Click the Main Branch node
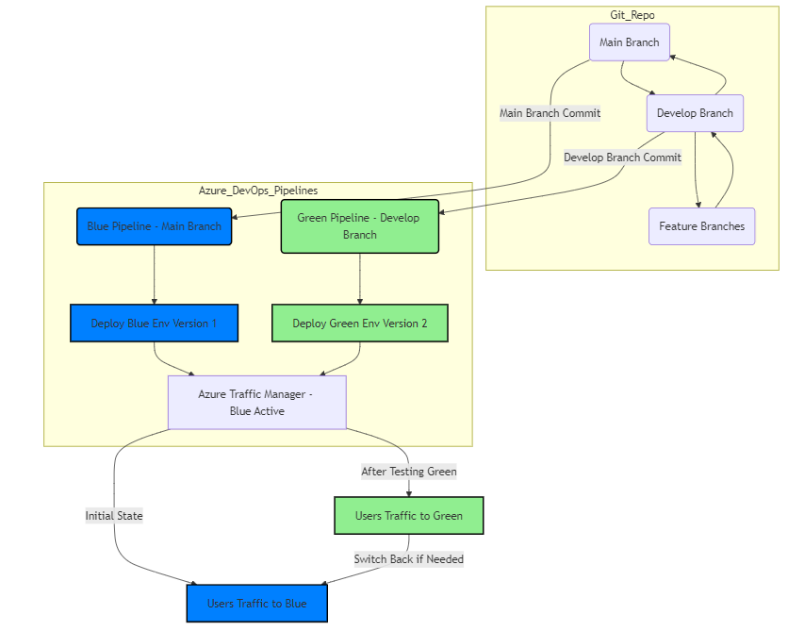click(629, 42)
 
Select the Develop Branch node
click(695, 113)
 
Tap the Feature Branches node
click(701, 226)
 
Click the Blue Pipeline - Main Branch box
click(154, 226)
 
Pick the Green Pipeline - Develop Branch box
click(359, 226)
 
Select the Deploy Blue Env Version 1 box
click(154, 324)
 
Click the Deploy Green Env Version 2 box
click(359, 324)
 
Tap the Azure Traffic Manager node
click(256, 403)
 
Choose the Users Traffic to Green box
click(408, 516)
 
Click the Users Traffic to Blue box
click(256, 604)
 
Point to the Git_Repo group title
click(632, 15)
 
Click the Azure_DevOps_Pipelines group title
click(257, 191)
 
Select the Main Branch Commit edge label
click(550, 113)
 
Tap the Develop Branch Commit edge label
click(622, 158)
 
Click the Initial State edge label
click(114, 516)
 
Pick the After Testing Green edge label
click(408, 471)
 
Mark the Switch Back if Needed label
click(408, 559)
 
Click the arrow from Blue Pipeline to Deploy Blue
click(154, 274)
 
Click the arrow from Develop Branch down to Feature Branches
click(696, 170)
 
